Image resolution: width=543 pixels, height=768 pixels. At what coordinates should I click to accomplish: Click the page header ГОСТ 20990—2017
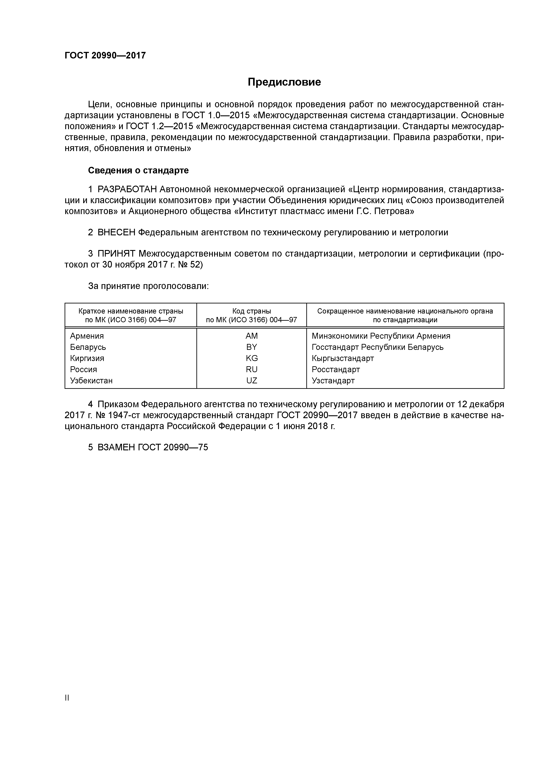105,56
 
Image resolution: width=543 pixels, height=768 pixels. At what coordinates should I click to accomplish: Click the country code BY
251,347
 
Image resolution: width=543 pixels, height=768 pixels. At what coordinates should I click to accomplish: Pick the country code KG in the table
252,358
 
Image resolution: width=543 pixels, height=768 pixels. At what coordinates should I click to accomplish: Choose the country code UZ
252,381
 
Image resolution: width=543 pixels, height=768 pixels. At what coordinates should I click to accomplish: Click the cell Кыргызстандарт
343,358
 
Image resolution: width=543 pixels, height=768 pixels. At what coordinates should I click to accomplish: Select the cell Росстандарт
336,369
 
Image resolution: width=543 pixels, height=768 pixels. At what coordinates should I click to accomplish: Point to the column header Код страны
251,311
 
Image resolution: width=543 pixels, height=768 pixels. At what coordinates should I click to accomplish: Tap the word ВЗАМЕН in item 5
116,447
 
